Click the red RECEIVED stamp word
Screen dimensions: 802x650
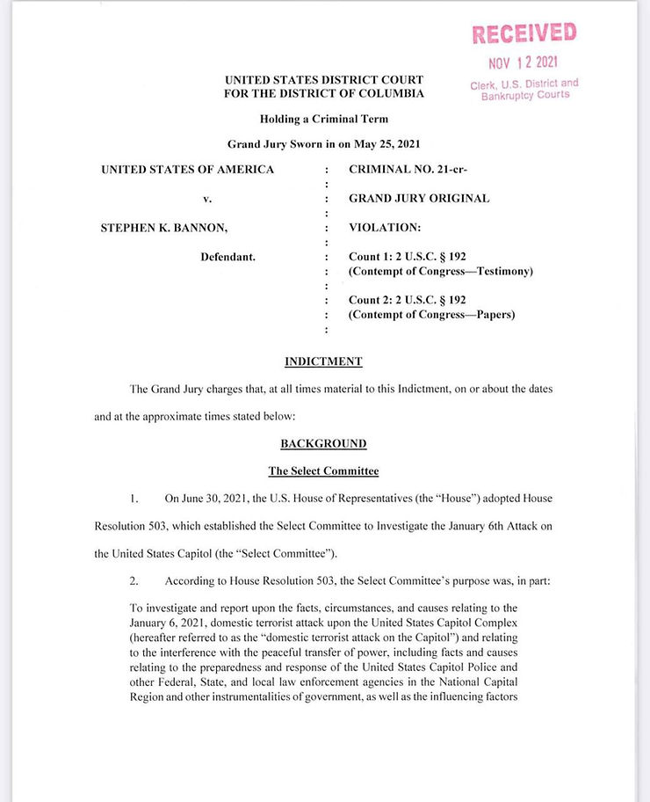524,34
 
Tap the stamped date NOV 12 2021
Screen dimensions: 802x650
524,63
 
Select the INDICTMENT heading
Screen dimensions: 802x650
323,362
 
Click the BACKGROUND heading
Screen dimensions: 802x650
323,444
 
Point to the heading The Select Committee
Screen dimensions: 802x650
323,471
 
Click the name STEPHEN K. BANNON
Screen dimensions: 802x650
164,228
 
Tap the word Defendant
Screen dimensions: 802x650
228,257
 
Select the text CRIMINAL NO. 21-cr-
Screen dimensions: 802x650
400,169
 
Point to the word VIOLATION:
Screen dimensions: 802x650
385,228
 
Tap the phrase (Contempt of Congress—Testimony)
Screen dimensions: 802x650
441,271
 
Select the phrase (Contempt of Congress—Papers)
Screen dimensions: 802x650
431,315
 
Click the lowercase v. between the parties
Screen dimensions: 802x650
207,199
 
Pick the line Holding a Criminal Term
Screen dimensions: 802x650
323,120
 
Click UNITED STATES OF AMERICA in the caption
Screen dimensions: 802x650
188,169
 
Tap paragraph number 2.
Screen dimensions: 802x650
134,581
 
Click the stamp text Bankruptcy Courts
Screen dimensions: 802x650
525,96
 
